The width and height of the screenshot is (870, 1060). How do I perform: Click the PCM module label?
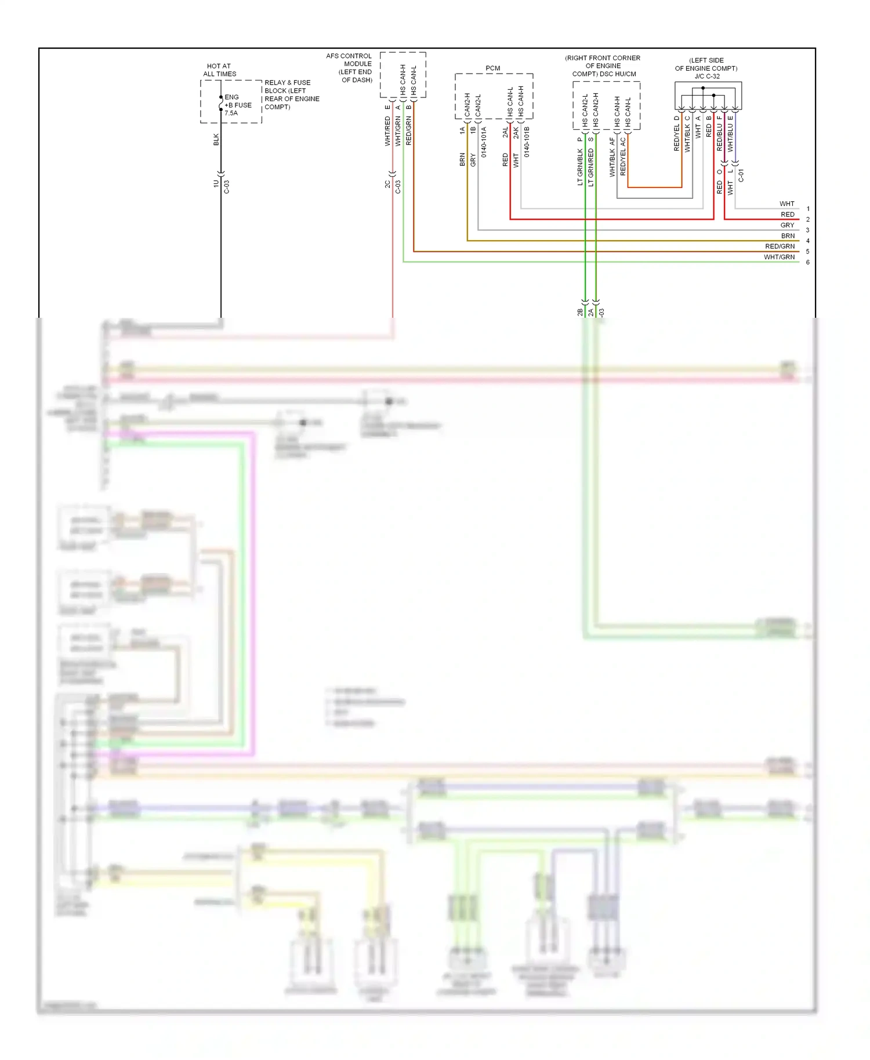[492, 68]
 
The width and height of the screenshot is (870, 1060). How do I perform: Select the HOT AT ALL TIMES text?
[219, 70]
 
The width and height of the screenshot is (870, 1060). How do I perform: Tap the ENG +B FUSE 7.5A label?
[238, 105]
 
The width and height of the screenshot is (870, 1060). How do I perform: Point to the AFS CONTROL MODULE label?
[349, 68]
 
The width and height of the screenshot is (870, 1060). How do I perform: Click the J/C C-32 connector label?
[706, 76]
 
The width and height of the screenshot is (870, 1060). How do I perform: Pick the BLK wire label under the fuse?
[216, 139]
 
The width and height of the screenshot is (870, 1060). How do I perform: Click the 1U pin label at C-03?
[216, 184]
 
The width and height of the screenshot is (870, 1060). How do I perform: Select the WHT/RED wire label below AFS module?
[387, 130]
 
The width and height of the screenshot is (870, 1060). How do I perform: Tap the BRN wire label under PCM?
[462, 159]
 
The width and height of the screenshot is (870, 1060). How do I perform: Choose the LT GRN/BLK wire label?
[580, 167]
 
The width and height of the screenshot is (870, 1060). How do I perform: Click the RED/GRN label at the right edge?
[780, 246]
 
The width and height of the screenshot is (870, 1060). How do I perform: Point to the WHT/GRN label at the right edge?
[779, 257]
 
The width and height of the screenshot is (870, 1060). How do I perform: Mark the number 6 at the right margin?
[807, 262]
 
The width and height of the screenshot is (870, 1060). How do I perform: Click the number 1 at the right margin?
[807, 209]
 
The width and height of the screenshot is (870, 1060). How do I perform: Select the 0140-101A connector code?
[484, 142]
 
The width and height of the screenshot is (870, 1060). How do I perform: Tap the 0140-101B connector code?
[527, 142]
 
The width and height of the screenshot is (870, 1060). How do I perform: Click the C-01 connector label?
[741, 176]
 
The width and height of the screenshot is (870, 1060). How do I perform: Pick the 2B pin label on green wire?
[580, 312]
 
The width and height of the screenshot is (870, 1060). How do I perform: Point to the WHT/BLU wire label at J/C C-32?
[730, 137]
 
